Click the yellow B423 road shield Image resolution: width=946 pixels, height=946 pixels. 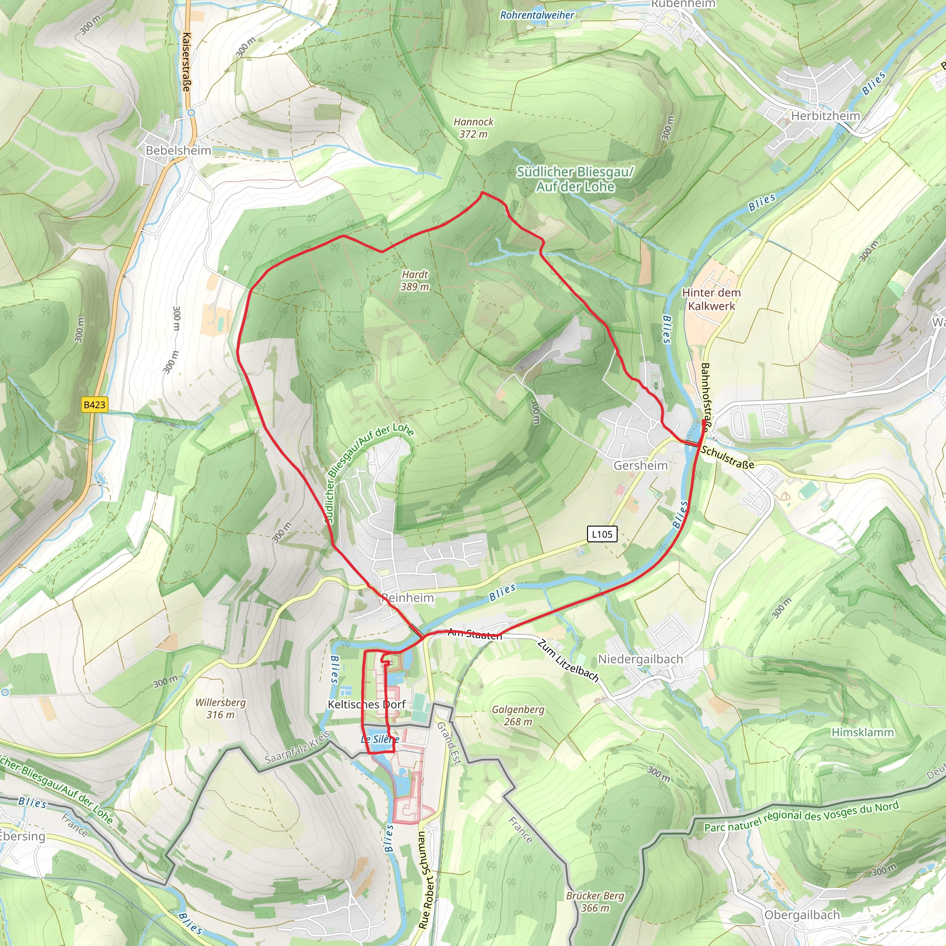pyautogui.click(x=95, y=405)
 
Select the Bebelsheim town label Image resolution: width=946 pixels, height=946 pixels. pyautogui.click(x=178, y=150)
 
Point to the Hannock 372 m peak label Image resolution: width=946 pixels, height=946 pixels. pyautogui.click(x=473, y=128)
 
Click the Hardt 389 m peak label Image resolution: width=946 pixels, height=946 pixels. pyautogui.click(x=415, y=280)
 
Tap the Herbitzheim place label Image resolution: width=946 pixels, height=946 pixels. pyautogui.click(x=825, y=115)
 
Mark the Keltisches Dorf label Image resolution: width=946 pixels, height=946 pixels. pyautogui.click(x=366, y=704)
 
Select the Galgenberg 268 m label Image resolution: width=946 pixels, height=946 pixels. pyautogui.click(x=518, y=716)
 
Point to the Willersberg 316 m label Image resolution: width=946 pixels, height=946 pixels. pyautogui.click(x=220, y=709)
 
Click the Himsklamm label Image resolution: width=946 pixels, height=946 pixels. pyautogui.click(x=862, y=732)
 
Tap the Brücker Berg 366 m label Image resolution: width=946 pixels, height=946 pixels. pyautogui.click(x=595, y=902)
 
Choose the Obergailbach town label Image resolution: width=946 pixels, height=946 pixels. pyautogui.click(x=801, y=915)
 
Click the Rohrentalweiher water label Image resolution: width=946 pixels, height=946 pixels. pyautogui.click(x=537, y=15)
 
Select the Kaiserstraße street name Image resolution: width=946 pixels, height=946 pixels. pyautogui.click(x=186, y=62)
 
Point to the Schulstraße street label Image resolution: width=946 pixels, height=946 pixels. pyautogui.click(x=727, y=457)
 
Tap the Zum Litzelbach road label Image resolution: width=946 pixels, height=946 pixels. pyautogui.click(x=568, y=661)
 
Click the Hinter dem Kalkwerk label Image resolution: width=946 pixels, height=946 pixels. pyautogui.click(x=711, y=299)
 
